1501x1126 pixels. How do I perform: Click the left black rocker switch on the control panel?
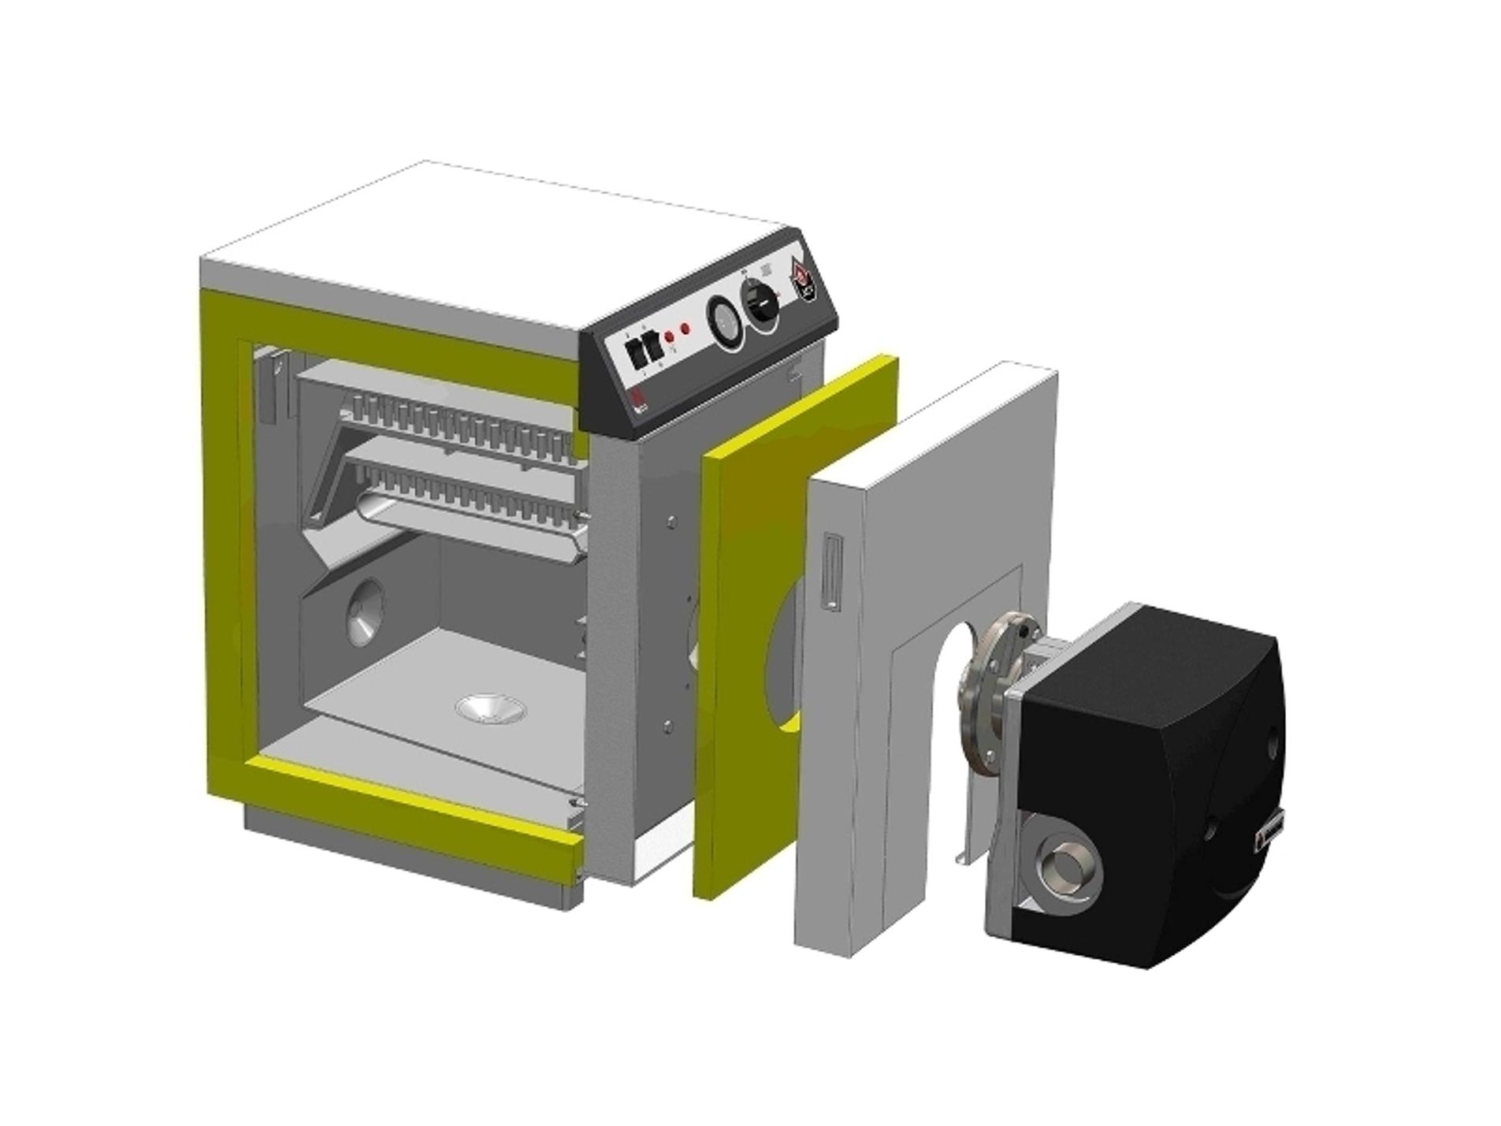click(632, 349)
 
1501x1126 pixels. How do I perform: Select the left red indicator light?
click(669, 337)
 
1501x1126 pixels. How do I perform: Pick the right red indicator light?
click(685, 329)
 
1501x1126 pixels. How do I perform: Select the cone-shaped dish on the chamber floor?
click(491, 707)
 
